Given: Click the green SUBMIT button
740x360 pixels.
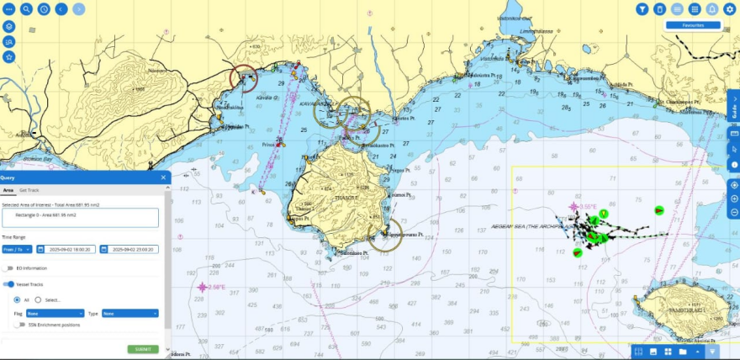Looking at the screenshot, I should [143, 349].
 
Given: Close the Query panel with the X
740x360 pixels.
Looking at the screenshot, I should [163, 177].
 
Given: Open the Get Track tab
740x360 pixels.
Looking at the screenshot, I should [29, 191].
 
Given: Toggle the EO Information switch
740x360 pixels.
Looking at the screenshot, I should [9, 268].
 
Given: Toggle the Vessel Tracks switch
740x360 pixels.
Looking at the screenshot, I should [9, 284].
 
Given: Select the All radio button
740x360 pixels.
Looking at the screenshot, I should [17, 299].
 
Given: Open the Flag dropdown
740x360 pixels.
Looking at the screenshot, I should [55, 314].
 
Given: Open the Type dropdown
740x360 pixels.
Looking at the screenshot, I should [129, 314].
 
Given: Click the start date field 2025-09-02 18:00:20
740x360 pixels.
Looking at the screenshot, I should [68, 249].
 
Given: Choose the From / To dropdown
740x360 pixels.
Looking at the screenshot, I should [16, 249].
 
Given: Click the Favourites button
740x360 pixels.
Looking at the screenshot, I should [693, 25].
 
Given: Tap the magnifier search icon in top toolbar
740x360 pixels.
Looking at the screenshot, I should [27, 9].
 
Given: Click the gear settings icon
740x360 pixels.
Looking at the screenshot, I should [729, 9].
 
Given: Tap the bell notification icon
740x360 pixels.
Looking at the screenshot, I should [711, 9].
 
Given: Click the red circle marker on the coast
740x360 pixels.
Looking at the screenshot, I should [244, 78].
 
